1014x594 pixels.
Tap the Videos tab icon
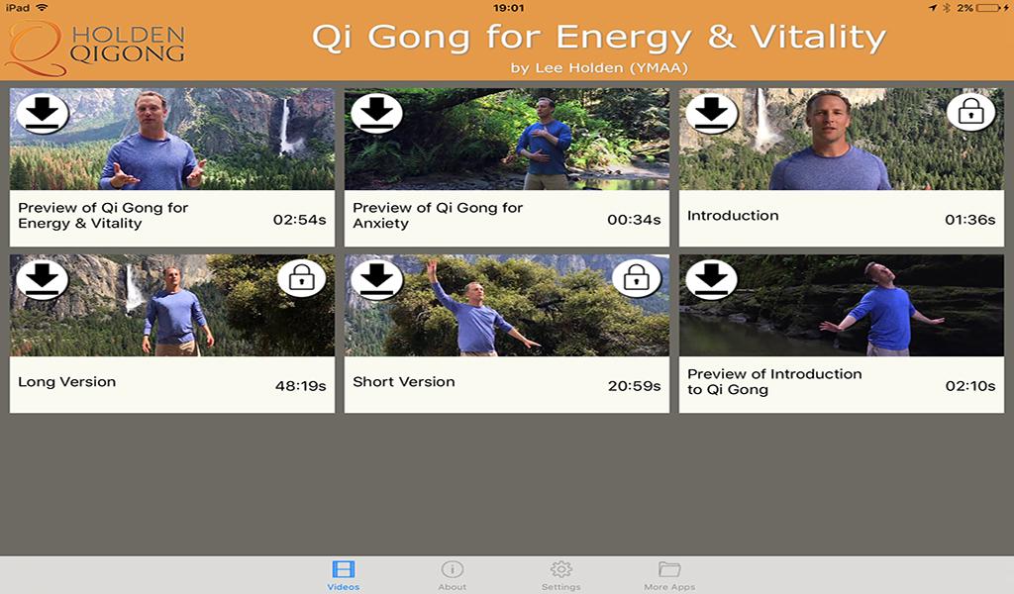point(343,569)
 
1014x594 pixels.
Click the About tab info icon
point(452,569)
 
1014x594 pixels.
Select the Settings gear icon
point(560,569)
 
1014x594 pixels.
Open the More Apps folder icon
point(669,569)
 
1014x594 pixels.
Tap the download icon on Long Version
point(42,279)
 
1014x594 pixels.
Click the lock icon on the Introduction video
point(970,113)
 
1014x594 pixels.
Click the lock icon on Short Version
point(637,278)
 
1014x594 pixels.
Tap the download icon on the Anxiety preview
point(377,113)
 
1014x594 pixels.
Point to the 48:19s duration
point(301,386)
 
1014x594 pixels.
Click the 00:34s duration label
point(634,220)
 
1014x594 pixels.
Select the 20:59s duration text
point(635,386)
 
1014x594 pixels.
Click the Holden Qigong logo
point(95,47)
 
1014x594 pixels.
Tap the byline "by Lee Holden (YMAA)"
point(599,68)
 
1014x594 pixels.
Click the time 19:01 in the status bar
point(508,8)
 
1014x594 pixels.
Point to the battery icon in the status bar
point(989,8)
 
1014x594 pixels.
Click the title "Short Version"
point(404,382)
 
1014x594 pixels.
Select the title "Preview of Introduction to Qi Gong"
point(774,381)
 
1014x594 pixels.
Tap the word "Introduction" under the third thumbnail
point(733,216)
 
